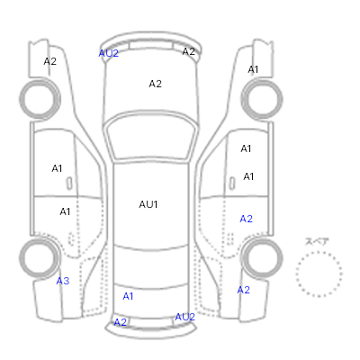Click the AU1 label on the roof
[x=148, y=204]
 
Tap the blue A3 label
[x=63, y=281]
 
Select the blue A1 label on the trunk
[x=128, y=296]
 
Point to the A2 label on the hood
[x=155, y=84]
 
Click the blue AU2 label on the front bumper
[x=109, y=53]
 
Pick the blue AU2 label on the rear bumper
[x=184, y=317]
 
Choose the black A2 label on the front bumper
[x=189, y=51]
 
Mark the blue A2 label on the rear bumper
[x=121, y=322]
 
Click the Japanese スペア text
[x=317, y=242]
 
